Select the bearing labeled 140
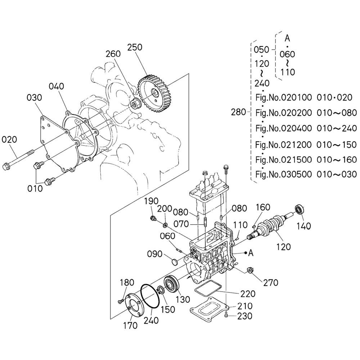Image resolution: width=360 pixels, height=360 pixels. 300,209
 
